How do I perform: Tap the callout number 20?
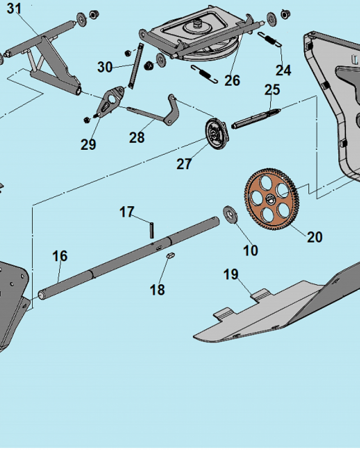click(315, 237)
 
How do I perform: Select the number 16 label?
click(60, 256)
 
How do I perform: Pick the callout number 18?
click(157, 290)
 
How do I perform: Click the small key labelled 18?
click(170, 255)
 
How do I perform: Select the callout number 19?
click(231, 274)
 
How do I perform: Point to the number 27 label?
click(184, 164)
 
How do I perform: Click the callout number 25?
click(272, 90)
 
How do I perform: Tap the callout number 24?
click(283, 70)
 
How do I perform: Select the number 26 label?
click(232, 81)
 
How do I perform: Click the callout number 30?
click(105, 67)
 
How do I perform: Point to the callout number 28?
click(137, 138)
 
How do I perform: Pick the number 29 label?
click(89, 144)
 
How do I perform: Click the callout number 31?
click(14, 8)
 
